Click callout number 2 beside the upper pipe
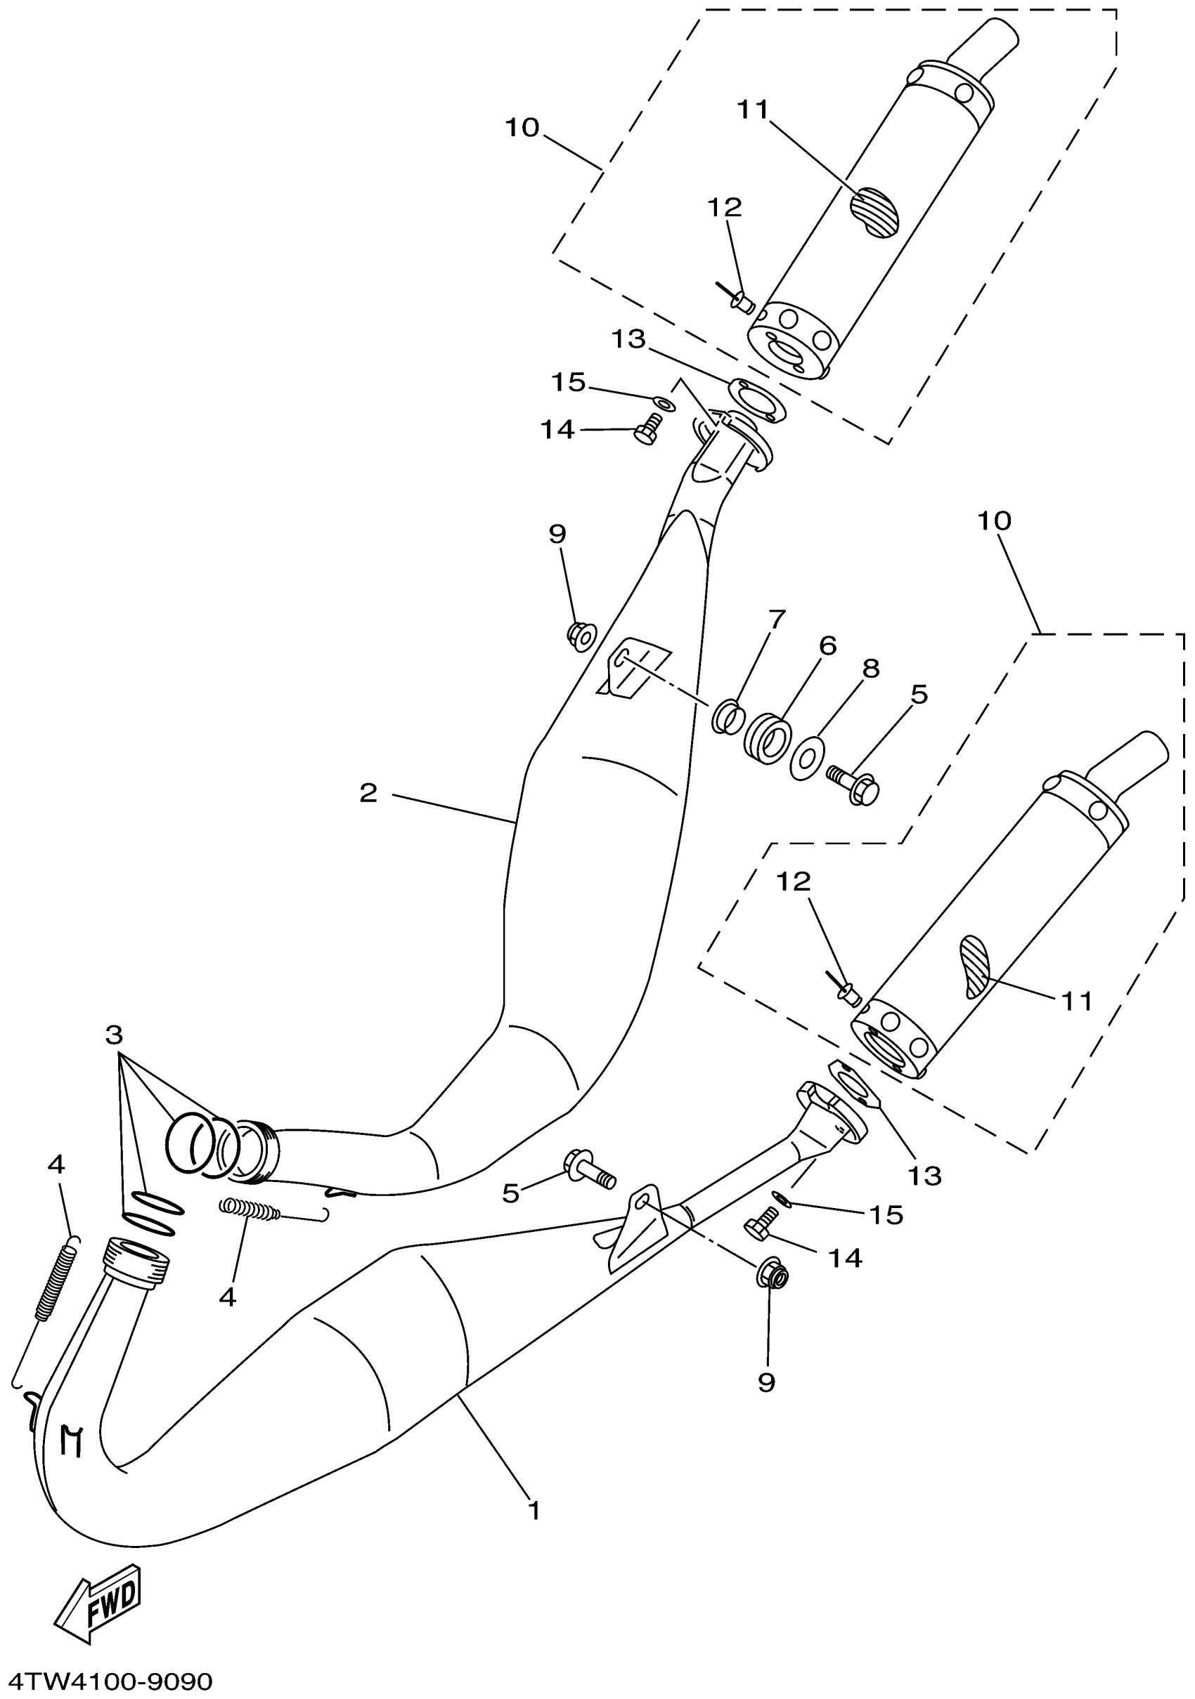368,793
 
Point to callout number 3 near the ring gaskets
113,1035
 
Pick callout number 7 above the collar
775,619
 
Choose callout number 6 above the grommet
827,645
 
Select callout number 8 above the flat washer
871,668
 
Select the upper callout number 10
522,128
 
